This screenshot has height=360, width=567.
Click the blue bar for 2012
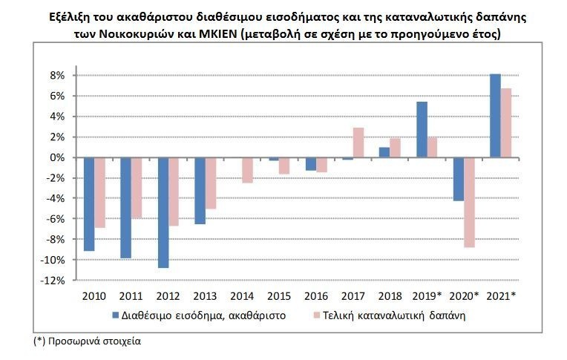(163, 212)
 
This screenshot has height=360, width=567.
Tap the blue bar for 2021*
(495, 116)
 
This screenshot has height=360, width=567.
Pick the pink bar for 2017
(358, 143)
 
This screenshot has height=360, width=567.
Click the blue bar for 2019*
(422, 129)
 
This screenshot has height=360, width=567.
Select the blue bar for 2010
(89, 204)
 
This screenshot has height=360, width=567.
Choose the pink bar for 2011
(137, 188)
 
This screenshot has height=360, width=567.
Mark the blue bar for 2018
(384, 152)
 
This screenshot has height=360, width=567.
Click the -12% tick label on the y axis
(54, 281)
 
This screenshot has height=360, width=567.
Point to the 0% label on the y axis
(59, 157)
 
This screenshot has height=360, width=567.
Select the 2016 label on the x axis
(315, 295)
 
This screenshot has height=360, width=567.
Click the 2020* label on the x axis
(465, 295)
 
